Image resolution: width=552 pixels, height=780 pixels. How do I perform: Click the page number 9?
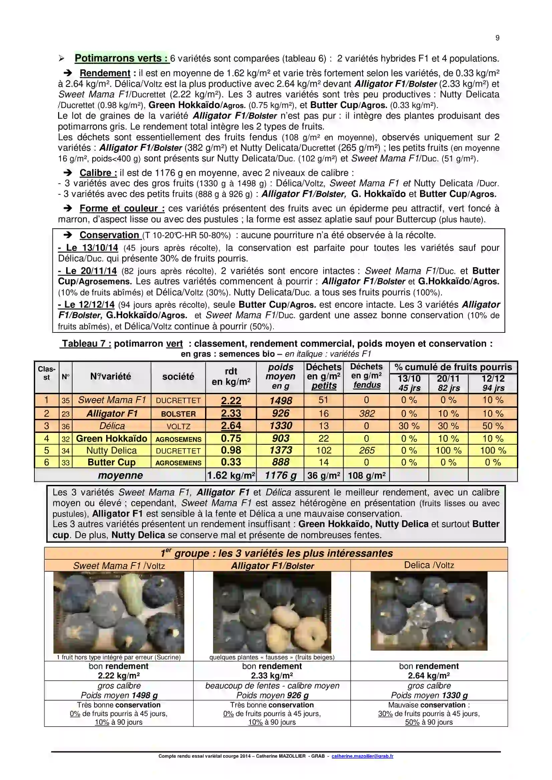pyautogui.click(x=497, y=38)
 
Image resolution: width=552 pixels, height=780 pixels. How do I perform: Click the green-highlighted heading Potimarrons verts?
pyautogui.click(x=122, y=58)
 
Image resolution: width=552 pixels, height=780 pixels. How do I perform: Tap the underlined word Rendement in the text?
pyautogui.click(x=105, y=73)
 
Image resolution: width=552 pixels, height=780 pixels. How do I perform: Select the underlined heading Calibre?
pyautogui.click(x=98, y=173)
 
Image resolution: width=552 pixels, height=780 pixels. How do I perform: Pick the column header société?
pyautogui.click(x=178, y=376)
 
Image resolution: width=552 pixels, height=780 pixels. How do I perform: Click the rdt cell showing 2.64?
pyautogui.click(x=231, y=426)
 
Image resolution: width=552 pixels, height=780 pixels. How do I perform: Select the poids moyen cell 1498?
pyautogui.click(x=281, y=401)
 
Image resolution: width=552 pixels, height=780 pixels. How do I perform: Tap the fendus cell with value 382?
pyautogui.click(x=367, y=414)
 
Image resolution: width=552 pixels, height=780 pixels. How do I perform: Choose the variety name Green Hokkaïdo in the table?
pyautogui.click(x=112, y=439)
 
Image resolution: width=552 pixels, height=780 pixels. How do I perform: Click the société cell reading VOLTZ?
pyautogui.click(x=178, y=427)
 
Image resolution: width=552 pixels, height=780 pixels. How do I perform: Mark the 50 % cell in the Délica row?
pyautogui.click(x=493, y=426)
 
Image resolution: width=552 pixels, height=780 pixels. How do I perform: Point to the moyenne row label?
pyautogui.click(x=120, y=475)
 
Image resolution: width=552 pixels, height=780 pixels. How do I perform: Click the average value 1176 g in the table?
pyautogui.click(x=281, y=475)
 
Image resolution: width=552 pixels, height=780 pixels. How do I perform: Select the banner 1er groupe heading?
pyautogui.click(x=276, y=554)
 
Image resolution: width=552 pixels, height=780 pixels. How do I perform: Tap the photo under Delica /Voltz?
pyautogui.click(x=429, y=611)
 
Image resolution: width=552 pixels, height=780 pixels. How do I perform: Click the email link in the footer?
pyautogui.click(x=362, y=756)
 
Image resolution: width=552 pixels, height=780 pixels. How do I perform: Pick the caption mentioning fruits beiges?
pyautogui.click(x=272, y=657)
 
